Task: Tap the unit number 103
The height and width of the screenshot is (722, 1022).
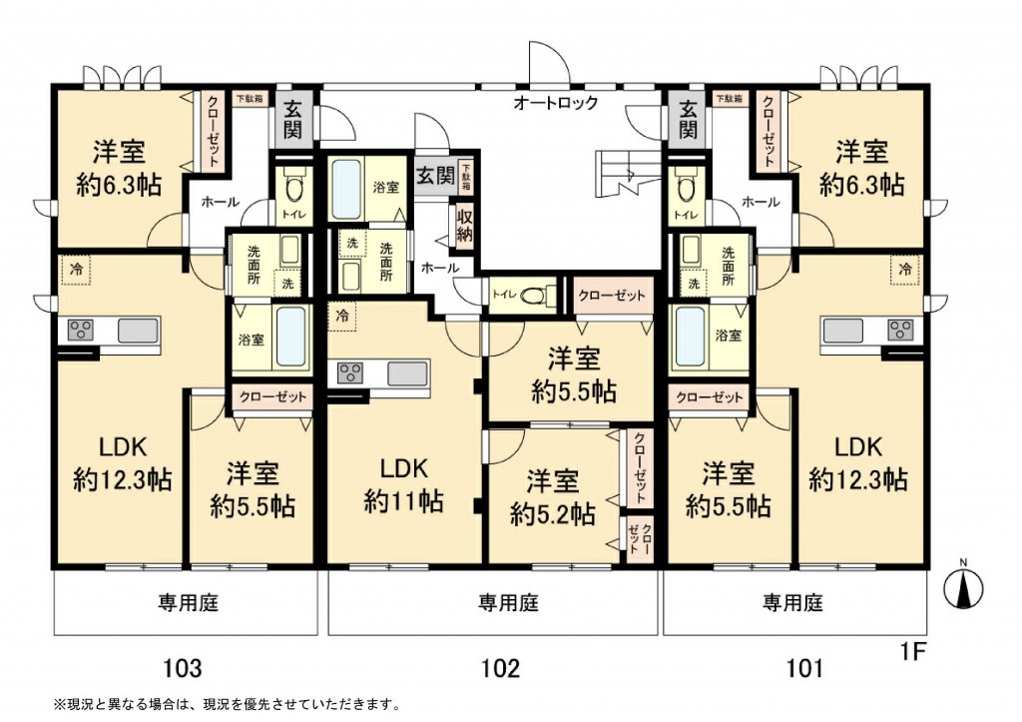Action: point(182,667)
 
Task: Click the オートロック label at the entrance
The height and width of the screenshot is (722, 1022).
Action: point(555,103)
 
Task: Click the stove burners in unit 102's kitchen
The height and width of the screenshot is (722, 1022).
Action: point(349,373)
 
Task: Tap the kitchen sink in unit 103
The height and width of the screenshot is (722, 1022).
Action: point(138,330)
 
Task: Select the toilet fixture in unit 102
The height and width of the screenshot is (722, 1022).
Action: point(534,295)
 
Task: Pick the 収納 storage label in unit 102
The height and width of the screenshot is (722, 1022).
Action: point(464,225)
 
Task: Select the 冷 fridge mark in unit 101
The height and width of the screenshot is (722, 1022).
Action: point(904,268)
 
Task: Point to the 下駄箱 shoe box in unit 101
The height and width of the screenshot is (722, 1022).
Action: point(730,99)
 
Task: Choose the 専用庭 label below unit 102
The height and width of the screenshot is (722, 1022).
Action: point(508,602)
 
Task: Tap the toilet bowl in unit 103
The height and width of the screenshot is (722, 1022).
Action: point(293,187)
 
